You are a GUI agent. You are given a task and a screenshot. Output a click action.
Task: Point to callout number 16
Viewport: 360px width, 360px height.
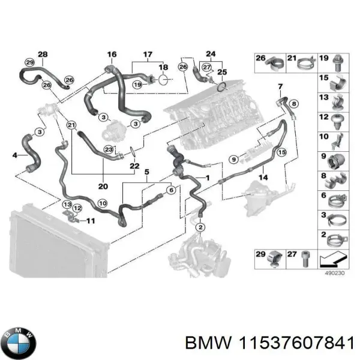112,55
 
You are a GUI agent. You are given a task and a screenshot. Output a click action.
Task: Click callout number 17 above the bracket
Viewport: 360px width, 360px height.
146,55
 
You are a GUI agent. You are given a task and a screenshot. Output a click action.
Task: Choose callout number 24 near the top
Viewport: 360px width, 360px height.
211,53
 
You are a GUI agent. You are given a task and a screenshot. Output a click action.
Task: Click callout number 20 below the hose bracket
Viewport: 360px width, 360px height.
103,185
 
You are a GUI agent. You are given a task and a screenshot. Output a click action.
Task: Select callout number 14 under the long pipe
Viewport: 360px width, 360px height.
262,178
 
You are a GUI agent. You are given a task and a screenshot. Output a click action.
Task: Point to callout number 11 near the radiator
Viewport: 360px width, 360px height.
90,221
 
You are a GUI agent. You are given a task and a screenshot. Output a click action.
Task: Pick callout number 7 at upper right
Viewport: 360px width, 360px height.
280,88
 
